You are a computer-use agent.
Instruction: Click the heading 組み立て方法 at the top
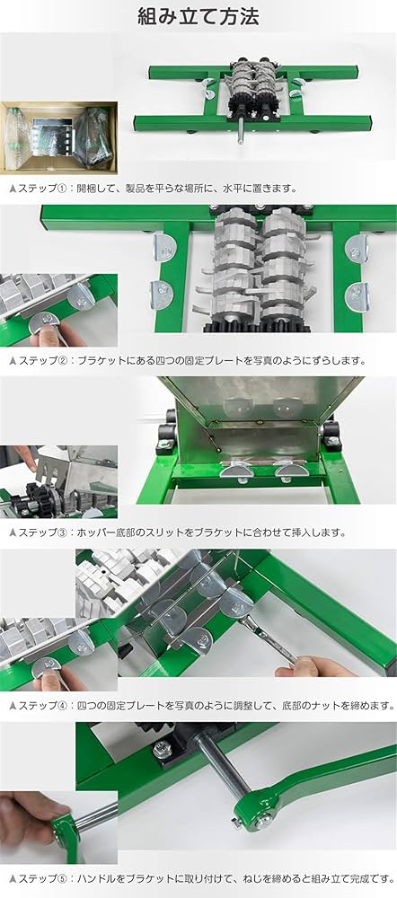click(198, 16)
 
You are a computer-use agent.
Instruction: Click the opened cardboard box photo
click(58, 136)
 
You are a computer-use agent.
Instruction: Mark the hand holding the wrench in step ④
click(310, 668)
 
